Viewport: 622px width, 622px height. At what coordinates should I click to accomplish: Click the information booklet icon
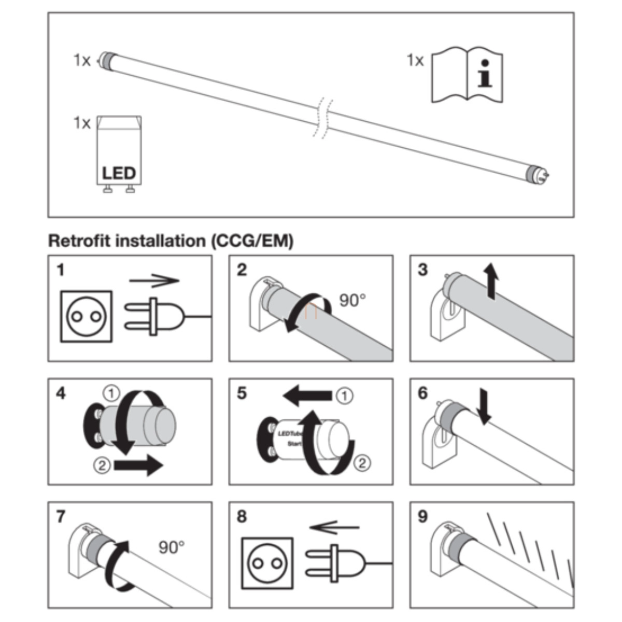coord(467,75)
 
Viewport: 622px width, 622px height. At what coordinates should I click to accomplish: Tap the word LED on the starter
coord(119,173)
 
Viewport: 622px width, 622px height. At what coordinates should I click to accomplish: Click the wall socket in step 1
coord(86,316)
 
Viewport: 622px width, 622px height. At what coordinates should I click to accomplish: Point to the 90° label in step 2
coord(352,300)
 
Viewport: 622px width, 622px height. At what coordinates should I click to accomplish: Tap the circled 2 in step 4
coord(103,465)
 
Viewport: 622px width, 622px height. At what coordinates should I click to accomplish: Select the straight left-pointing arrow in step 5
coord(308,397)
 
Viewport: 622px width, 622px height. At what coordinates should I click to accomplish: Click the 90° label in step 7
coord(171,547)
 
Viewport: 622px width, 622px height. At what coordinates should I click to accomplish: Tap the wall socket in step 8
coord(267,563)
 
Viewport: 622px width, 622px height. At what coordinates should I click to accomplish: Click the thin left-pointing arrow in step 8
coord(334,528)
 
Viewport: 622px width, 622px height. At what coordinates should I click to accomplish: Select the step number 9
coord(423,517)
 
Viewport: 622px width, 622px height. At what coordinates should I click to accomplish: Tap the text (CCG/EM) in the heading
coord(252,241)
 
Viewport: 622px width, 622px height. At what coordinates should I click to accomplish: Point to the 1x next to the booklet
coord(415,61)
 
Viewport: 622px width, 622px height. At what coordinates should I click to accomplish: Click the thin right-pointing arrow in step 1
coord(154,281)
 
